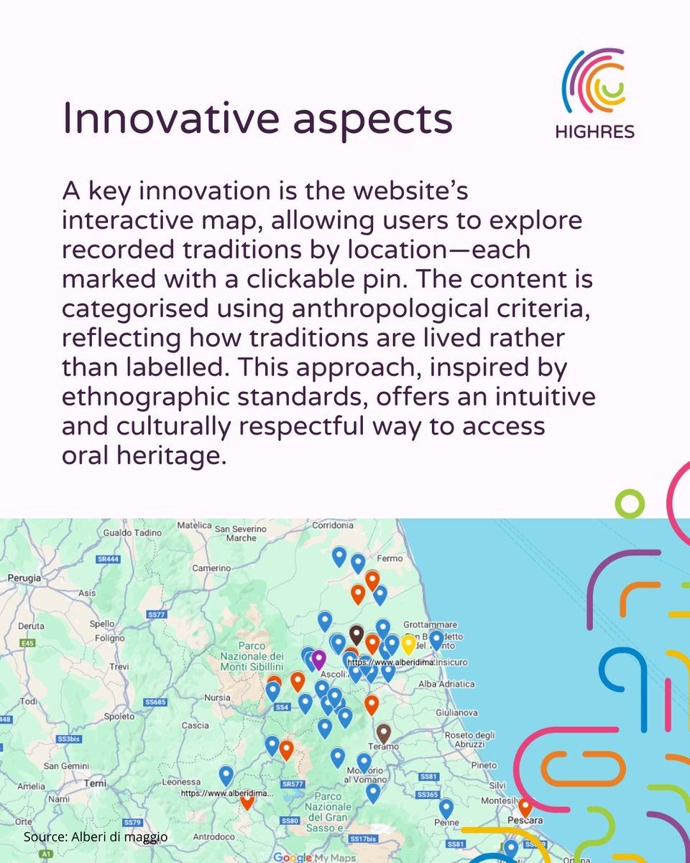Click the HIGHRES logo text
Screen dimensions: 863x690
[x=594, y=132]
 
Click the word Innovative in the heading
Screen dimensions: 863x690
[x=166, y=117]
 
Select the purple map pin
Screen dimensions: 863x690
[x=318, y=657]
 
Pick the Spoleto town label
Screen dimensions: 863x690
[x=119, y=716]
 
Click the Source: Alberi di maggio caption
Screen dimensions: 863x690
[x=96, y=837]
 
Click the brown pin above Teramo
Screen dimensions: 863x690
[x=384, y=732]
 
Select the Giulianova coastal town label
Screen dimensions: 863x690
[x=456, y=712]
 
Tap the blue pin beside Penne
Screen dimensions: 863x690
[x=446, y=807]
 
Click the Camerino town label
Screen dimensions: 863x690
[x=210, y=568]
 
